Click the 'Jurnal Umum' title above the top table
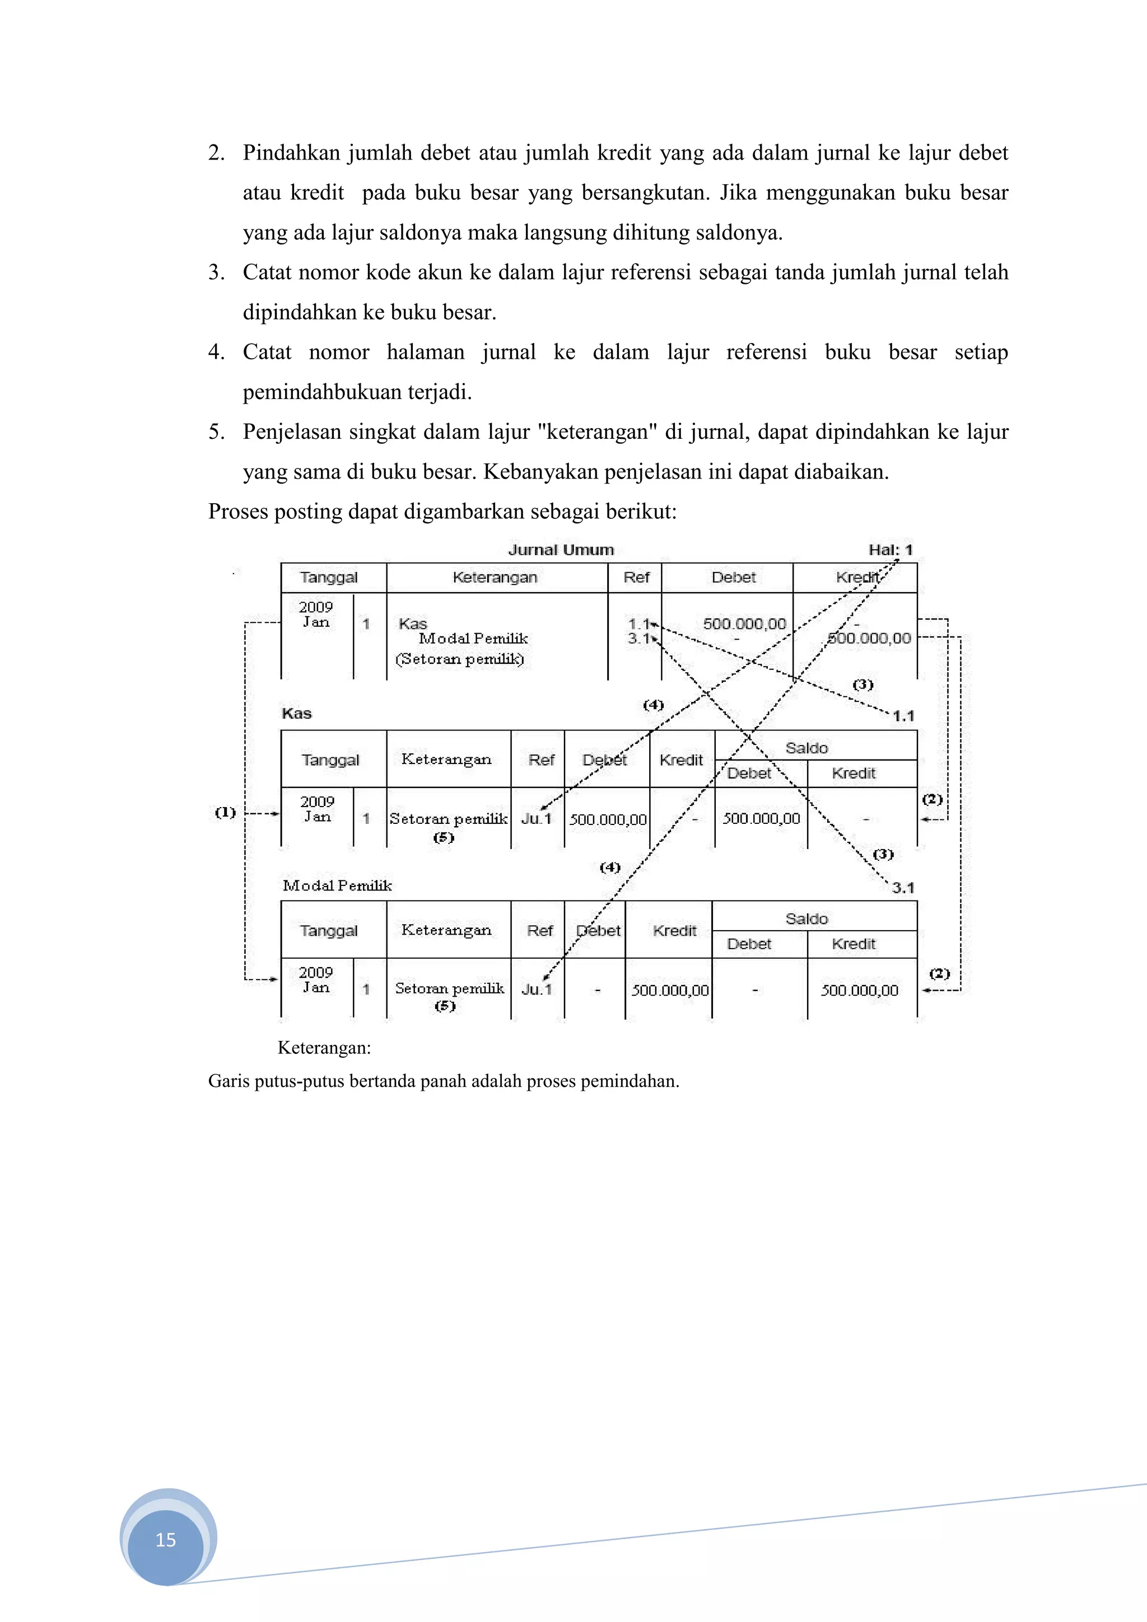coord(561,550)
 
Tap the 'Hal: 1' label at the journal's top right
coord(890,550)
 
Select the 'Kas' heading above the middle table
coord(296,714)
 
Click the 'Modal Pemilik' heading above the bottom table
coord(337,885)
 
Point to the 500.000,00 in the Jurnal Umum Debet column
coord(744,624)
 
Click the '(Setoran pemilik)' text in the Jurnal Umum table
coord(459,659)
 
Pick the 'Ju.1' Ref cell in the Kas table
coord(535,819)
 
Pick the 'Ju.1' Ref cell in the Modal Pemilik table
coord(537,989)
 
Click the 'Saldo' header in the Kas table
coord(806,747)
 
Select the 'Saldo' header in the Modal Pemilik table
coord(806,918)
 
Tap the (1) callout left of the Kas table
coord(225,813)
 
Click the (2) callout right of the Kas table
coord(932,799)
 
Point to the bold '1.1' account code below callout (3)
coord(903,716)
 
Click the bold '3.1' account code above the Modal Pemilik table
coord(902,888)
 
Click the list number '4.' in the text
coord(216,352)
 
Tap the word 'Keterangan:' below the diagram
coord(324,1047)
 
